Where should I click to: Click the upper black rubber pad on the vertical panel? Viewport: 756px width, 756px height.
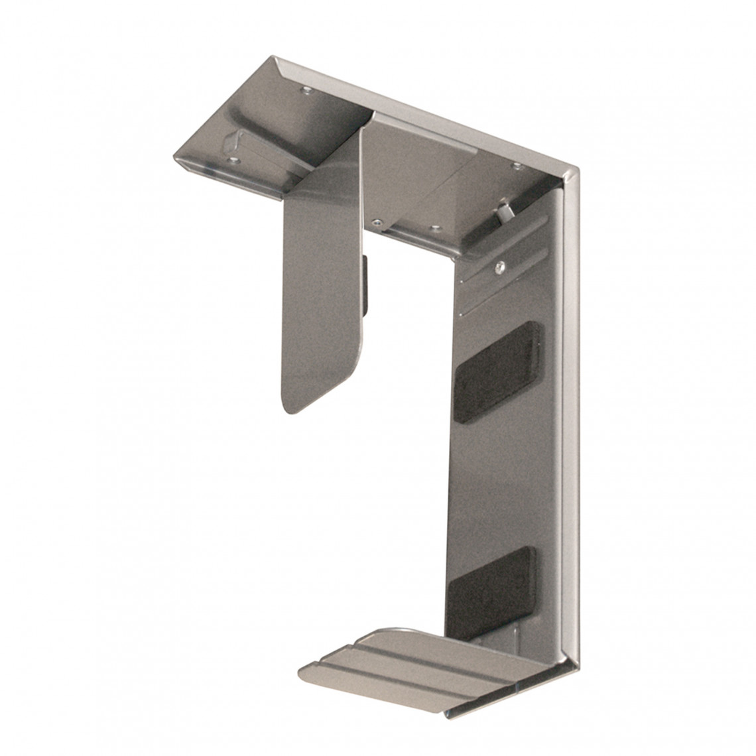[497, 371]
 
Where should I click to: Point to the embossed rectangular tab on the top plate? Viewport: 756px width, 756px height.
[232, 141]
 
